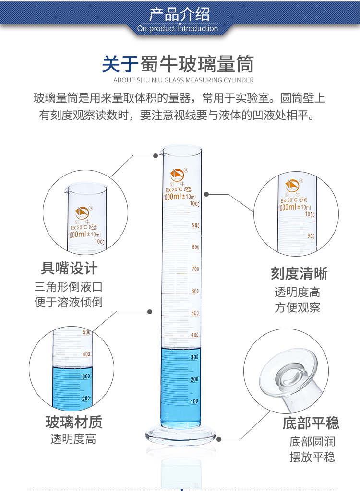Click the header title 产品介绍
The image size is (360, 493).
point(180,13)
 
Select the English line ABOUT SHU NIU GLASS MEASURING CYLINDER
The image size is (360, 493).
point(183,80)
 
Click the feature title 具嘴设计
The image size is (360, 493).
point(69,268)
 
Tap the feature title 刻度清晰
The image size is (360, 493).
point(299,273)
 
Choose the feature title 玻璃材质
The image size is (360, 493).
point(74,422)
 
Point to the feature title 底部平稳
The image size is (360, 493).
point(311,423)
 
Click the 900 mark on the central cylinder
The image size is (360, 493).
point(195,225)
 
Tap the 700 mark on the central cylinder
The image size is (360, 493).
point(195,270)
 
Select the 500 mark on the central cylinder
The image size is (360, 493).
point(195,313)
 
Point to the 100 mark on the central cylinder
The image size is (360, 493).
point(194,401)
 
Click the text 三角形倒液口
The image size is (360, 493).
point(69,287)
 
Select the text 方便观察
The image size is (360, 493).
point(298,308)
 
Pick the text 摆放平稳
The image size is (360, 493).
point(312,457)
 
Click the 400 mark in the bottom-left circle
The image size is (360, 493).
point(86,354)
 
